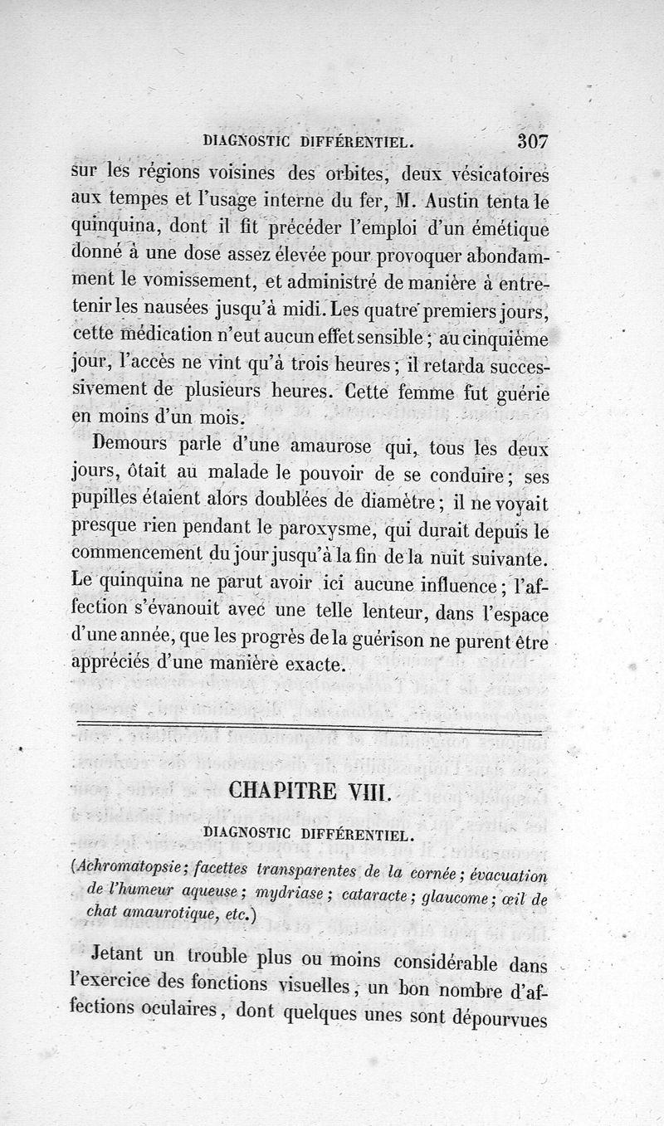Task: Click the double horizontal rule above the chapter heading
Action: [x=309, y=728]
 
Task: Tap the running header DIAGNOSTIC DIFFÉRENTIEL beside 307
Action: [x=310, y=142]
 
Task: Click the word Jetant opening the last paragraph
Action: [x=120, y=957]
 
